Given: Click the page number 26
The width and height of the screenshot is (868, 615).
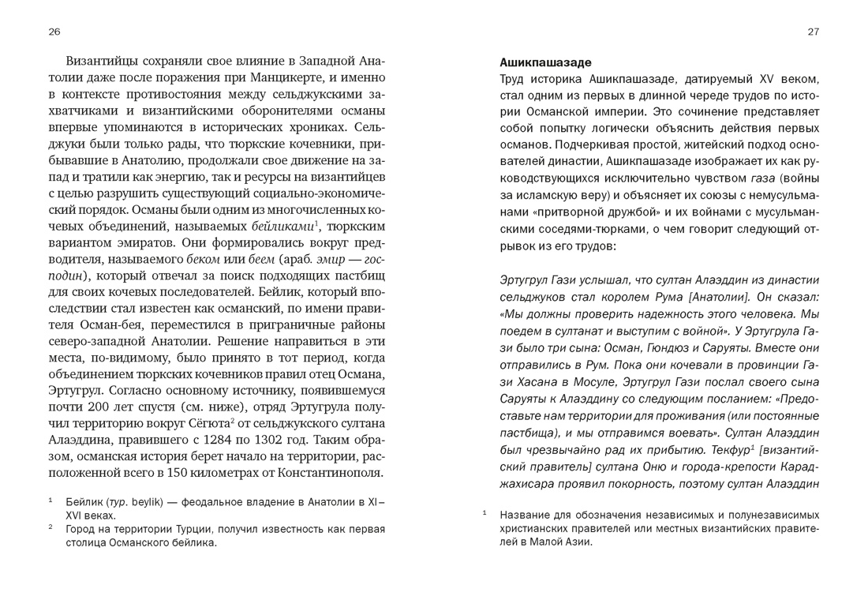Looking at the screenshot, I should [x=54, y=32].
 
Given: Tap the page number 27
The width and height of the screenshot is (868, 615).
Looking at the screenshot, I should [x=814, y=32].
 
